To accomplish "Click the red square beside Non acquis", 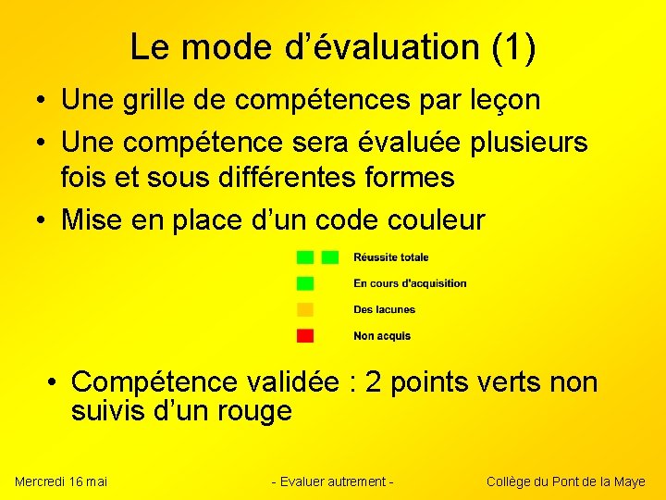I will click(305, 335).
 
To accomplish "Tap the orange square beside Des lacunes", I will click(305, 309).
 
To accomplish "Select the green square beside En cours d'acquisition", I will click(305, 283).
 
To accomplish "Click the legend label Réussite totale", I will click(390, 257).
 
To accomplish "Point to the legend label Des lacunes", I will click(384, 309).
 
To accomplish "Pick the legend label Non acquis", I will click(382, 335).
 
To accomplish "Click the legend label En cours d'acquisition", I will click(410, 283).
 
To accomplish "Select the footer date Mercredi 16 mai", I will click(61, 481).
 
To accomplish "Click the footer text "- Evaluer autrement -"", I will click(333, 481).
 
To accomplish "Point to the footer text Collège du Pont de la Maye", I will click(566, 481).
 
